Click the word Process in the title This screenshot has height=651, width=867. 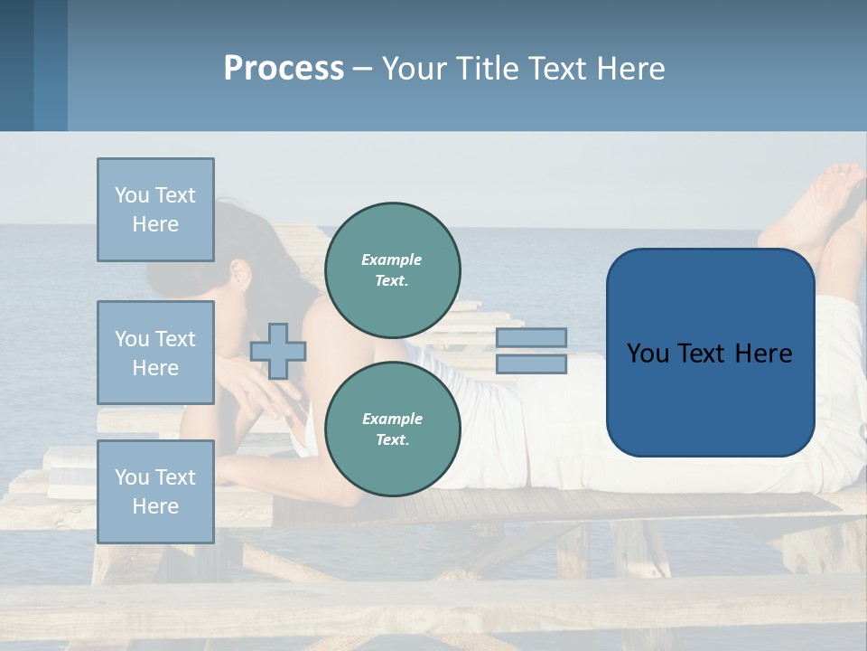point(284,69)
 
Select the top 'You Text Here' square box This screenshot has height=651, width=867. point(155,210)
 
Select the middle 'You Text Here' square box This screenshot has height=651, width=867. point(155,353)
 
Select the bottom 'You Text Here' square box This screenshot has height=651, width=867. point(155,491)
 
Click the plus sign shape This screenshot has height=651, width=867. point(278,351)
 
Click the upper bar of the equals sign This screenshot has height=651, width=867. point(531,337)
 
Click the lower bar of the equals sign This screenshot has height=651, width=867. point(531,363)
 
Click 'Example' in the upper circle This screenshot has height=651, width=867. point(391,259)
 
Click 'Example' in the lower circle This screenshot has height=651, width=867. point(391,419)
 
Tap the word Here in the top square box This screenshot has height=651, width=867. point(155,224)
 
